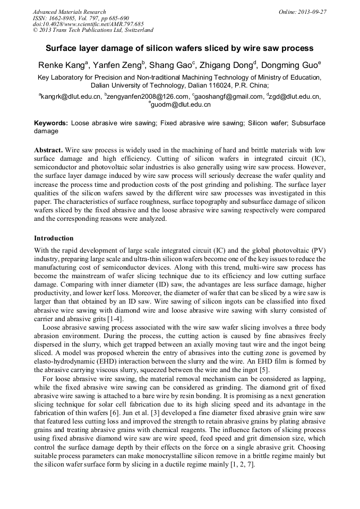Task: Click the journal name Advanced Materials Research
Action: [x=69, y=12]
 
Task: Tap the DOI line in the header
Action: [x=88, y=24]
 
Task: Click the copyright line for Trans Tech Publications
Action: [x=93, y=30]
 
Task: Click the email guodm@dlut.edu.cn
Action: [x=181, y=105]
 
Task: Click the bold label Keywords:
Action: [x=51, y=123]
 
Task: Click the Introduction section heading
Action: [x=54, y=238]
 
